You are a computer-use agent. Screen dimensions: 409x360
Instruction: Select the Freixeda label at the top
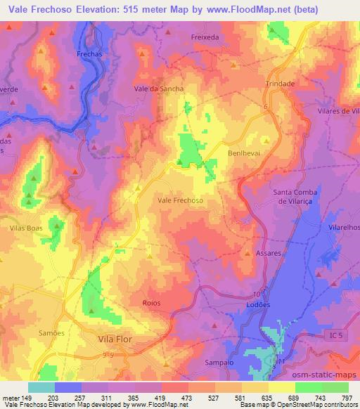[205, 36]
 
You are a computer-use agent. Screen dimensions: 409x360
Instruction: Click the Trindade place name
[280, 83]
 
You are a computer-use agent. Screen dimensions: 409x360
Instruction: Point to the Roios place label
[150, 303]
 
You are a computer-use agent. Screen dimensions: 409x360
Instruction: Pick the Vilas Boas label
[26, 229]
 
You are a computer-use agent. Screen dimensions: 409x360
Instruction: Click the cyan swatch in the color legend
[41, 387]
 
